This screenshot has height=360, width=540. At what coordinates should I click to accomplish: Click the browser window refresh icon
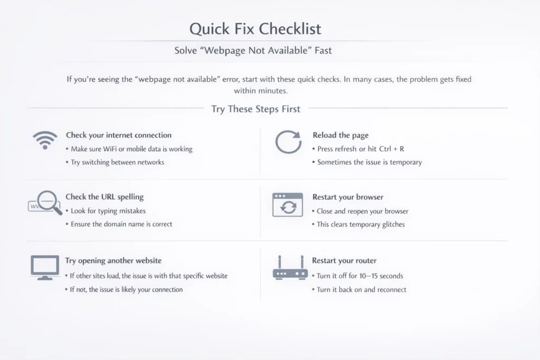point(287,205)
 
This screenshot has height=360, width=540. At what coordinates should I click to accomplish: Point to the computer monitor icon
point(45,267)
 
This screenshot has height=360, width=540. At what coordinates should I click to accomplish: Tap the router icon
point(290,268)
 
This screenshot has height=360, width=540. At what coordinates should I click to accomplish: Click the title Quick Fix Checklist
point(255,29)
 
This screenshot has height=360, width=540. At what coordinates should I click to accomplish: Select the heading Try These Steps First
point(256,109)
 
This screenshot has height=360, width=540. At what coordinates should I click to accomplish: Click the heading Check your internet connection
point(119,135)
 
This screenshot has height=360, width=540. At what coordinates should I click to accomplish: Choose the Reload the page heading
point(341,135)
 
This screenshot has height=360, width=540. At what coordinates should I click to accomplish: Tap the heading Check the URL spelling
point(105,197)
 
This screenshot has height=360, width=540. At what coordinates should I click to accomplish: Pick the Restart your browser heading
point(348,197)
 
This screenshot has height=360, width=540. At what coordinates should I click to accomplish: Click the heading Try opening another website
point(113,260)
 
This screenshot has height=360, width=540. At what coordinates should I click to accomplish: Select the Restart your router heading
point(344,260)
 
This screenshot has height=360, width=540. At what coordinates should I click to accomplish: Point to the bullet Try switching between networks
point(118,162)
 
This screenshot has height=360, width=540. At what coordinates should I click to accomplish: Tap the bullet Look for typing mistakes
point(108,211)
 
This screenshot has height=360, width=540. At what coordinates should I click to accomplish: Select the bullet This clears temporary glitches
point(361,225)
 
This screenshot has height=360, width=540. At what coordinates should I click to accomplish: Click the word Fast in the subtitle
point(323,51)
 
